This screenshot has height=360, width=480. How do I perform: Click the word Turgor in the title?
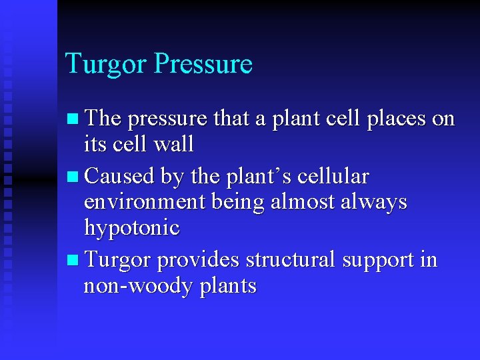point(106,65)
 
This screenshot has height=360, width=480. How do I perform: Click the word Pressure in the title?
point(203,65)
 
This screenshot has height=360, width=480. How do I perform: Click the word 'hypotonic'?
point(131,228)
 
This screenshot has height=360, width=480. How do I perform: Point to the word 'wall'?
point(173,143)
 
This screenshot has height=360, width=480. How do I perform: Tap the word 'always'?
point(374,201)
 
